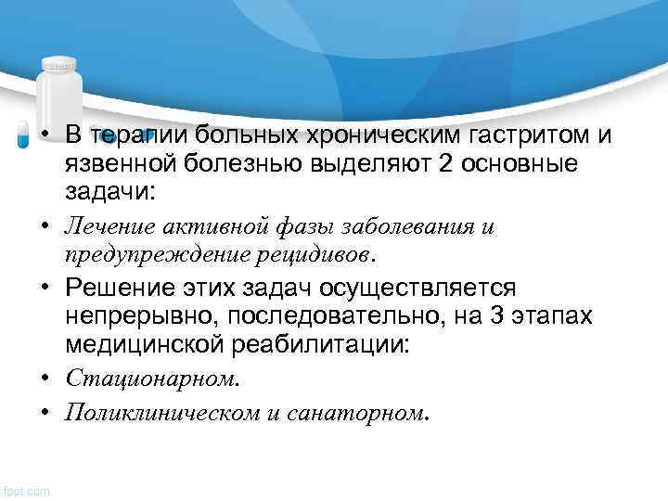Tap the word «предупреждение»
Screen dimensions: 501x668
point(150,252)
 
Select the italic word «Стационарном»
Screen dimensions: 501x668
point(150,378)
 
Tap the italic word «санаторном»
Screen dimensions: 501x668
point(364,411)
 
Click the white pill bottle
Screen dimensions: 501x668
point(59,93)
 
